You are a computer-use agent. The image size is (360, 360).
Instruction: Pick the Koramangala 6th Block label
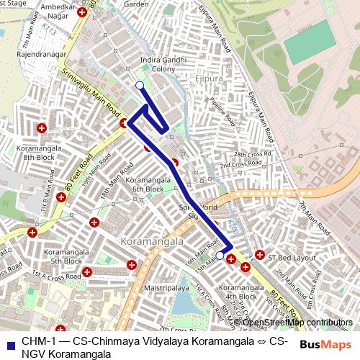[143, 184]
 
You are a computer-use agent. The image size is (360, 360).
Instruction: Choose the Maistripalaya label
[165, 288]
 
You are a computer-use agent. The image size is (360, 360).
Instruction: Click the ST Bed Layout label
[292, 256]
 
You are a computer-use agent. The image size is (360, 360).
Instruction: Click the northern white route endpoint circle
[139, 86]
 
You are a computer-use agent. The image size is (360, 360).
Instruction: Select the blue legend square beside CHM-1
[10, 341]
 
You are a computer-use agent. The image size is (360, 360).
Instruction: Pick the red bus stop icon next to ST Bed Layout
[259, 255]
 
